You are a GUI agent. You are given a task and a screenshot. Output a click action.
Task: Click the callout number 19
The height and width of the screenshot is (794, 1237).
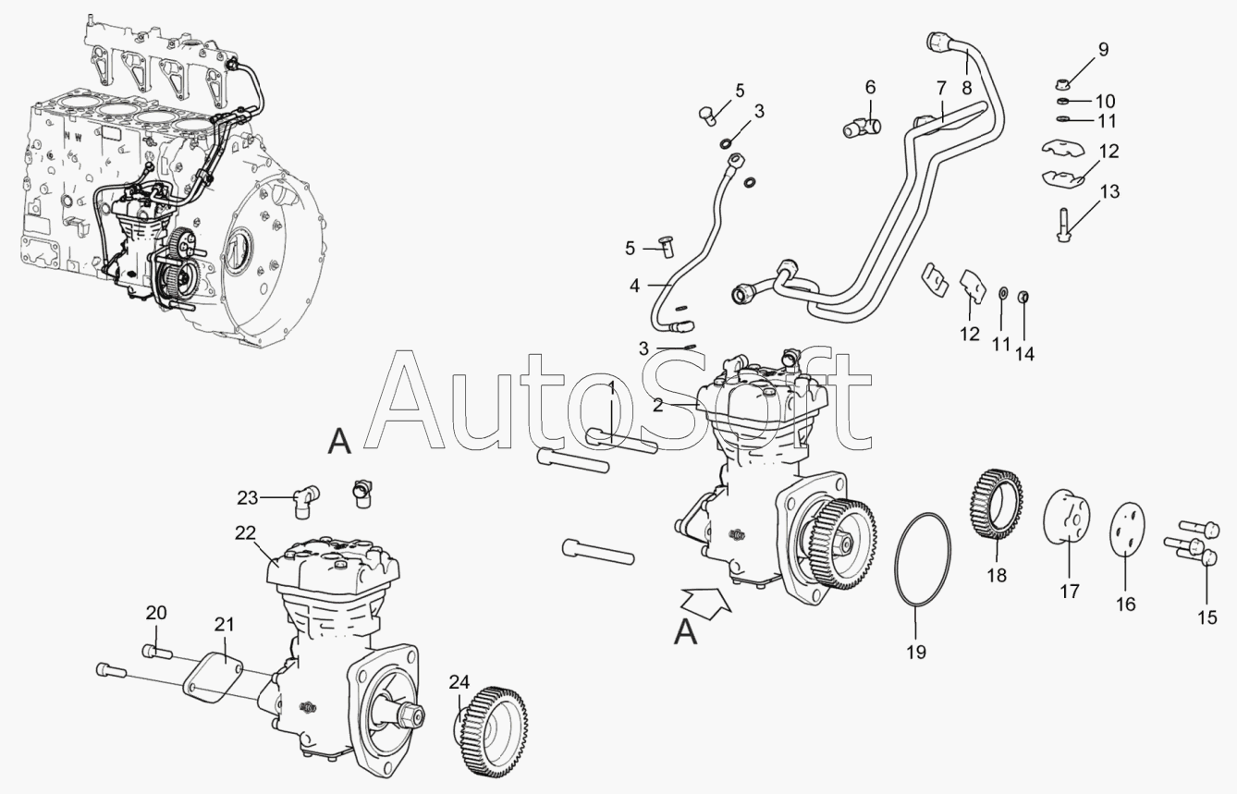tap(916, 653)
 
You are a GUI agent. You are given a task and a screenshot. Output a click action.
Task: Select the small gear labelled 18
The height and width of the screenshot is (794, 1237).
tap(997, 504)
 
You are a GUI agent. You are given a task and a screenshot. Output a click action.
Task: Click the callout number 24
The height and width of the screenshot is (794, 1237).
tap(459, 682)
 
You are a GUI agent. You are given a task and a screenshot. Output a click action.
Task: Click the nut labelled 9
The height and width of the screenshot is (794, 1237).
tap(1060, 84)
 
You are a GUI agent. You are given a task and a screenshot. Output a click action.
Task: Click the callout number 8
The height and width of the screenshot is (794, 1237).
tap(966, 87)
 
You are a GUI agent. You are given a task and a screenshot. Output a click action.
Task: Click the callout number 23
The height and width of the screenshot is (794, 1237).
tap(248, 498)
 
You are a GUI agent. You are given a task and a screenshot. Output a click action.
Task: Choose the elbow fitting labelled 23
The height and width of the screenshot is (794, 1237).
tap(306, 501)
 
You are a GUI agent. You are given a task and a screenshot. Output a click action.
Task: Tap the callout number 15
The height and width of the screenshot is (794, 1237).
tap(1207, 617)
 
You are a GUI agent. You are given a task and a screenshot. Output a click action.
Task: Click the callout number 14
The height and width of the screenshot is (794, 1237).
tap(1024, 353)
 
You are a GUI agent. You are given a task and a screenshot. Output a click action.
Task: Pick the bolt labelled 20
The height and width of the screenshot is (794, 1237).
tap(157, 652)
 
